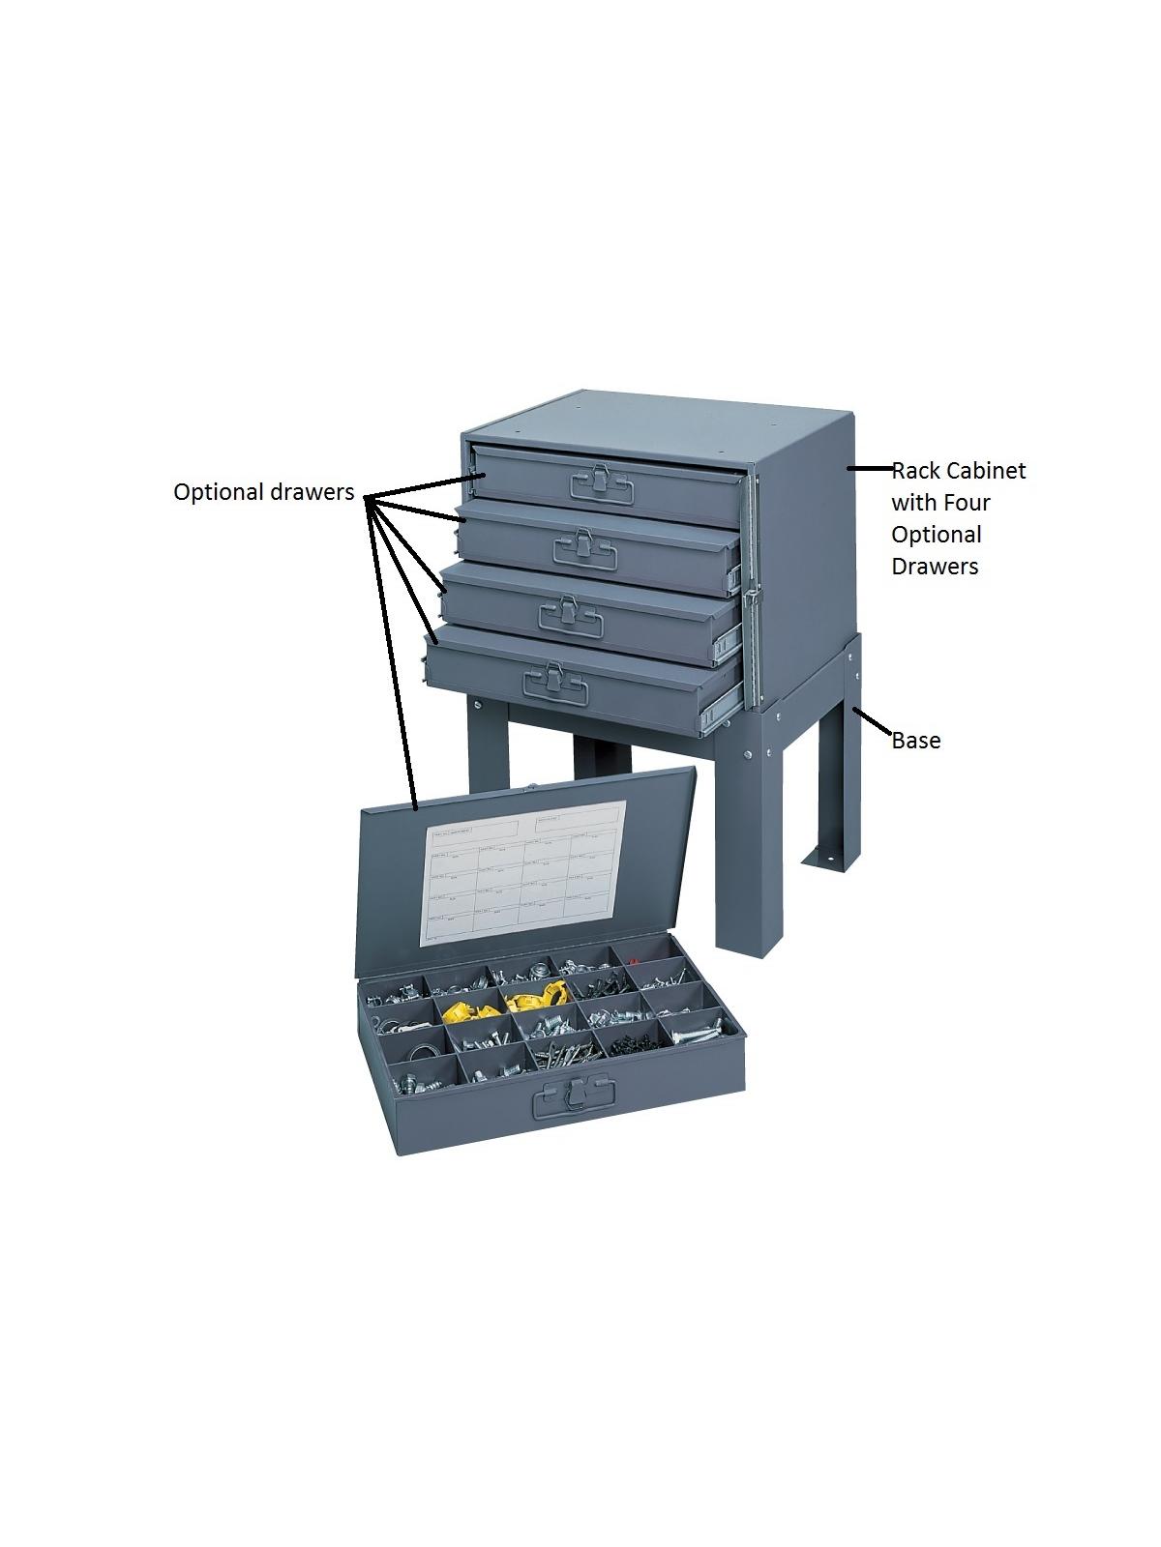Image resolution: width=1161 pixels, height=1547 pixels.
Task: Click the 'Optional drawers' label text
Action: tap(263, 492)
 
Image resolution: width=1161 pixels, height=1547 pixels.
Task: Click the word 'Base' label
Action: tap(915, 741)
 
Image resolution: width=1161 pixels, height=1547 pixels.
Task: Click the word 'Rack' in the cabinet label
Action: tap(915, 471)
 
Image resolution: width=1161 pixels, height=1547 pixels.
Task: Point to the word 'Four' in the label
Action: tap(968, 503)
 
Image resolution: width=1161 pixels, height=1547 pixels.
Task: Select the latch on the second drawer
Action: tap(584, 545)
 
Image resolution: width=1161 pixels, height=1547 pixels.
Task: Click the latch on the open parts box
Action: tap(579, 1095)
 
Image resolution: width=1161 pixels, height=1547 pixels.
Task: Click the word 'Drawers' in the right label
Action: tap(935, 567)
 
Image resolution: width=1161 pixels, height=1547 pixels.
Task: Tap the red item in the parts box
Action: tap(633, 962)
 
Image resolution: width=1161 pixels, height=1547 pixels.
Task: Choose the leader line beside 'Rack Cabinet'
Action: tap(870, 468)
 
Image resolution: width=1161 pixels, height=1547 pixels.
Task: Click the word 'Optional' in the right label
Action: tap(936, 535)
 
